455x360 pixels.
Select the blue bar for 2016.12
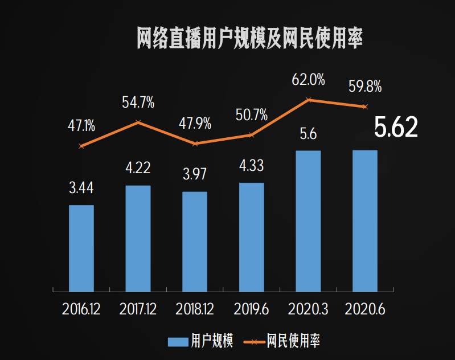click(x=81, y=248)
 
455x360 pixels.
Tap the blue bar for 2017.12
click(x=138, y=239)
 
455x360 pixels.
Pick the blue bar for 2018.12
click(x=195, y=242)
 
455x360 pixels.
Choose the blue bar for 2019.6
click(x=251, y=237)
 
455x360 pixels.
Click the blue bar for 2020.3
click(x=308, y=221)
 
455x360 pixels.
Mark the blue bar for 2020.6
click(x=365, y=221)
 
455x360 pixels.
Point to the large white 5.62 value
click(x=396, y=128)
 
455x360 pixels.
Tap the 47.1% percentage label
click(x=81, y=126)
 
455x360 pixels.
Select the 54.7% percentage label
click(x=138, y=103)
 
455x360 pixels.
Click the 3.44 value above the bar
click(x=81, y=187)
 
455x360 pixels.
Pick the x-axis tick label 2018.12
click(x=195, y=309)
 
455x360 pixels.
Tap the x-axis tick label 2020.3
click(x=308, y=309)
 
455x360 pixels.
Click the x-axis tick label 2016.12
click(x=81, y=309)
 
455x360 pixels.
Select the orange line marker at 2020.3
click(x=308, y=100)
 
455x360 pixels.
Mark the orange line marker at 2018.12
click(x=195, y=144)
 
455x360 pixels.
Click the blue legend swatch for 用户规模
click(x=177, y=342)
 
